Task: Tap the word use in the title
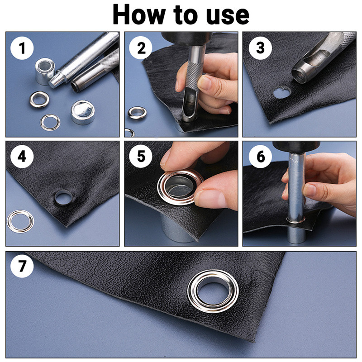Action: [228, 14]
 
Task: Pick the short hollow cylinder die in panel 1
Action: [45, 70]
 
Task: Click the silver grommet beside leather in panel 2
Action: [135, 112]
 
